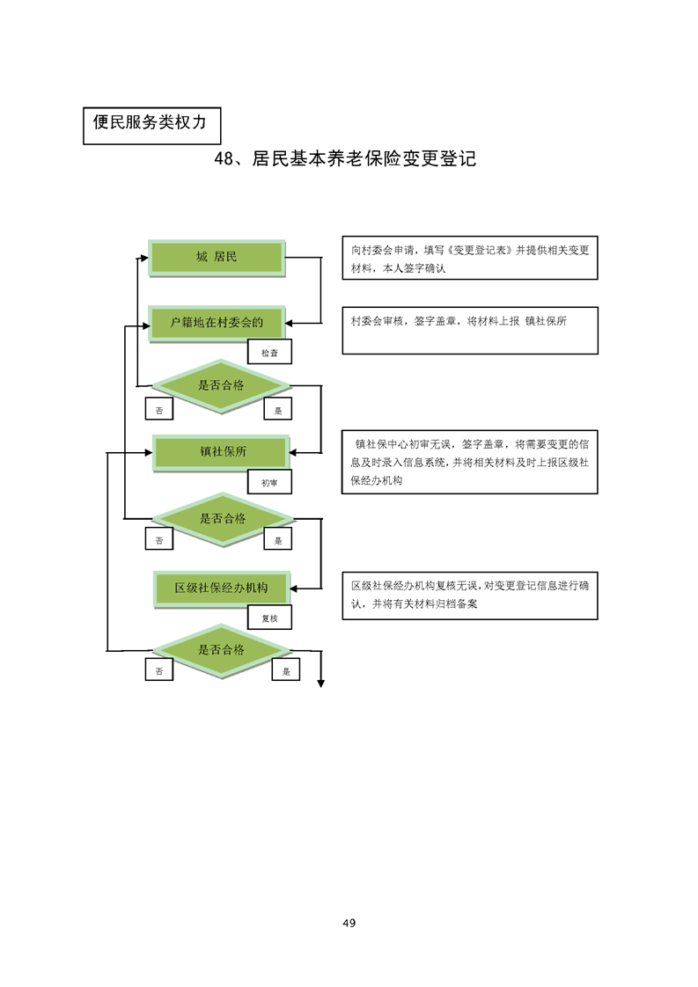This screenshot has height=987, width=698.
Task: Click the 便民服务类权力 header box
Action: pyautogui.click(x=150, y=124)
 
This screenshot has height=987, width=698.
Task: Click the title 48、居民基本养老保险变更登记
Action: pyautogui.click(x=345, y=159)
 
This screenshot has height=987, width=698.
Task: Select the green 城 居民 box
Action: pyautogui.click(x=217, y=258)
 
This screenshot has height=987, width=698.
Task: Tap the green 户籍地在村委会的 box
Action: pyautogui.click(x=217, y=323)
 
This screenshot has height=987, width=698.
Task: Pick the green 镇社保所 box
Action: pyautogui.click(x=222, y=452)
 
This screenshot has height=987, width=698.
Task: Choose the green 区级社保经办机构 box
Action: pyautogui.click(x=222, y=588)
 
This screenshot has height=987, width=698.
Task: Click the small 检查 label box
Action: pyautogui.click(x=269, y=353)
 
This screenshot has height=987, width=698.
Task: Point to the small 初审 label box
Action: pyautogui.click(x=269, y=483)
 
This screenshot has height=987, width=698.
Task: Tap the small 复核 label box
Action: pyautogui.click(x=269, y=618)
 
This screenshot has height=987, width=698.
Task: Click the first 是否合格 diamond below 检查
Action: pyautogui.click(x=222, y=385)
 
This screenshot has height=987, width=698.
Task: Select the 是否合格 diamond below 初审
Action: pyautogui.click(x=222, y=519)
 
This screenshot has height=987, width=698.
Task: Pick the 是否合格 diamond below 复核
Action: pyautogui.click(x=222, y=651)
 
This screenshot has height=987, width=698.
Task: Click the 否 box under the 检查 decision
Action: pyautogui.click(x=159, y=410)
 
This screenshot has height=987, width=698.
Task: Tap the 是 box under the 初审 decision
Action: pyautogui.click(x=278, y=541)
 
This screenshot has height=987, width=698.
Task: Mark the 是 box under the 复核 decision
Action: pyautogui.click(x=286, y=671)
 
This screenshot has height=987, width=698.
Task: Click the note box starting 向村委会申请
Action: pyautogui.click(x=470, y=257)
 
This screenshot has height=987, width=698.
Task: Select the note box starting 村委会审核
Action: pyautogui.click(x=470, y=330)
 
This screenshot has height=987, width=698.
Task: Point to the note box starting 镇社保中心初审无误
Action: pyautogui.click(x=470, y=462)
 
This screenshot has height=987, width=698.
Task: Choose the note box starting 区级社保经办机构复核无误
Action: pyautogui.click(x=470, y=595)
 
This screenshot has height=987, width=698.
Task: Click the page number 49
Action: pyautogui.click(x=349, y=923)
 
